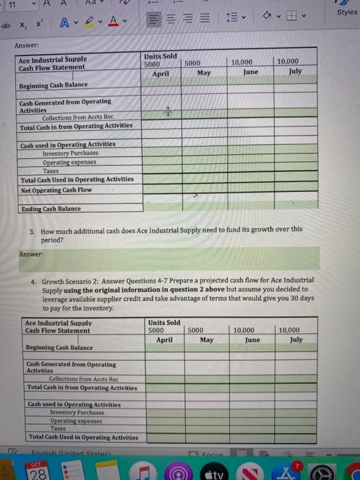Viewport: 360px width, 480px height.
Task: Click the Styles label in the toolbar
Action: tap(347, 12)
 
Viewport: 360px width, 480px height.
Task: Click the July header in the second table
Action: tap(296, 339)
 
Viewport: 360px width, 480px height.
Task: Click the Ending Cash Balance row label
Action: tap(51, 208)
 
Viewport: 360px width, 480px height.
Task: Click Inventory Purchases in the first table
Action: tap(70, 153)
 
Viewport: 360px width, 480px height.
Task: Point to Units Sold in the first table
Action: tap(160, 55)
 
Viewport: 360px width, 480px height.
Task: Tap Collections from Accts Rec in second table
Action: tap(84, 379)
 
